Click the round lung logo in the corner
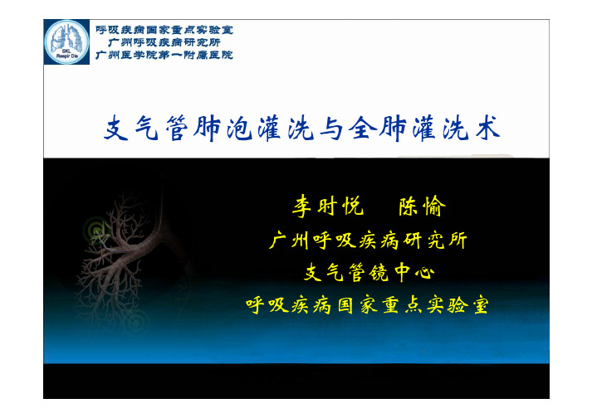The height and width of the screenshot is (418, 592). (66, 41)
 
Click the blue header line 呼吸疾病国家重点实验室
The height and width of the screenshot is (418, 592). (164, 30)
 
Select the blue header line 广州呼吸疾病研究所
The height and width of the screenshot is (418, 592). (164, 42)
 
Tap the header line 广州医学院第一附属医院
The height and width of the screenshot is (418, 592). (164, 55)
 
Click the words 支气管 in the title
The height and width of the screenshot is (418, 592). (146, 129)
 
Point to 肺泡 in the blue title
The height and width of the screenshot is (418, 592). (223, 129)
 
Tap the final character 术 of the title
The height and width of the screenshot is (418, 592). (487, 129)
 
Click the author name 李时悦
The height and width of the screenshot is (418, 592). (328, 206)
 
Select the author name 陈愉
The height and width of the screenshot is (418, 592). (422, 206)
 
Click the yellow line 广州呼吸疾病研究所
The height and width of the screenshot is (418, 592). (368, 241)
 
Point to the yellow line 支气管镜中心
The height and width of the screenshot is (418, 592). (369, 272)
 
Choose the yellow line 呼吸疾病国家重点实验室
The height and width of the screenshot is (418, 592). (367, 305)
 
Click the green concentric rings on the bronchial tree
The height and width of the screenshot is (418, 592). (95, 230)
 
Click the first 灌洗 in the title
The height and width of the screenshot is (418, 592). (286, 129)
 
